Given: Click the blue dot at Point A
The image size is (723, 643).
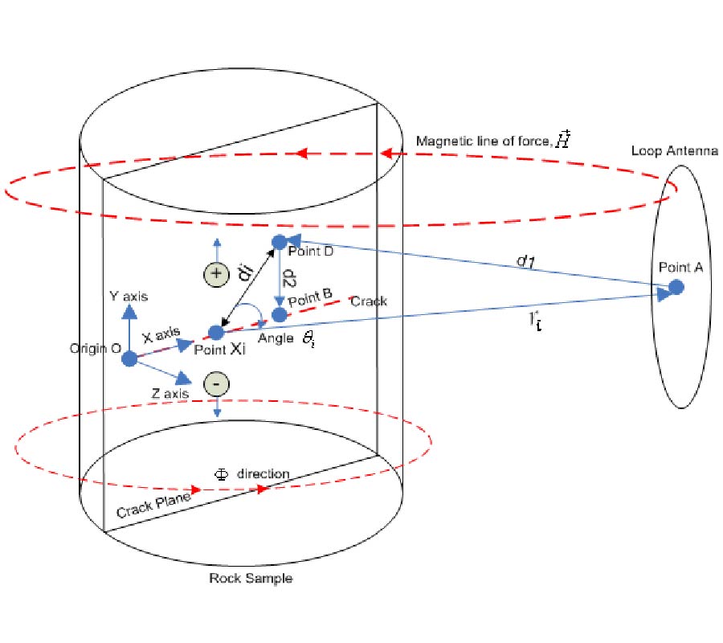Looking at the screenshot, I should pyautogui.click(x=676, y=287).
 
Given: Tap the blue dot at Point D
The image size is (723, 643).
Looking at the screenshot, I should pyautogui.click(x=280, y=241).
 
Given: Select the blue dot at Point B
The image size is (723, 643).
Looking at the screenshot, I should pyautogui.click(x=280, y=315).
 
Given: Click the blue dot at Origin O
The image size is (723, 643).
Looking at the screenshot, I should pyautogui.click(x=129, y=358).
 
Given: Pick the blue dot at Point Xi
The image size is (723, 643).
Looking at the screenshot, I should pyautogui.click(x=215, y=332).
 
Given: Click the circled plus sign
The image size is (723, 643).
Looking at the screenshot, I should pyautogui.click(x=215, y=274).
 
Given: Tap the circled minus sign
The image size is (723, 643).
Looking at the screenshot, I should pyautogui.click(x=216, y=384).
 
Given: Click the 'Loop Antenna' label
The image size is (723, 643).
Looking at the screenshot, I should pyautogui.click(x=674, y=150).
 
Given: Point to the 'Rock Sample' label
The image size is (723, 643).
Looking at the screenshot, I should pyautogui.click(x=251, y=579).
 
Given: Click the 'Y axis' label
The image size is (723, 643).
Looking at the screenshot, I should pyautogui.click(x=129, y=297).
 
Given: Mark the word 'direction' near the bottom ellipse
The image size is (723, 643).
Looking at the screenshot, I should pyautogui.click(x=263, y=473).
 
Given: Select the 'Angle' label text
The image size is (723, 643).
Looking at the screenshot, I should pyautogui.click(x=275, y=338).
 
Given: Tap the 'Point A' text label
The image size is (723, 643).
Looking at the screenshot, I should pyautogui.click(x=680, y=268).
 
